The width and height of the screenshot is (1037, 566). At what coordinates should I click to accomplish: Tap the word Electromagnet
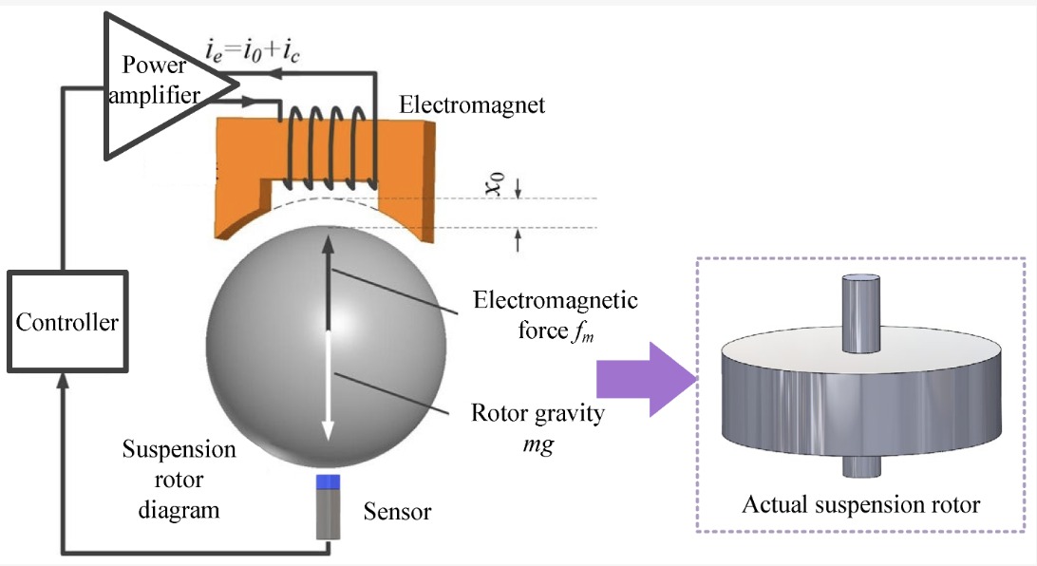[x=472, y=104]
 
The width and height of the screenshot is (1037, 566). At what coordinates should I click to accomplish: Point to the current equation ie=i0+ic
[x=253, y=51]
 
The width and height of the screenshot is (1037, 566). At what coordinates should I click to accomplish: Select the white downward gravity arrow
[x=328, y=387]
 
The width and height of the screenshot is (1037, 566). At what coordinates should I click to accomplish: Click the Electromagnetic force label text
[x=555, y=314]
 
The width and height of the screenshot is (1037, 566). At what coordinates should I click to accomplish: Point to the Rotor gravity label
[x=537, y=427]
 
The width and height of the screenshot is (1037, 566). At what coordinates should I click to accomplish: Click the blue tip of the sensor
[x=328, y=482]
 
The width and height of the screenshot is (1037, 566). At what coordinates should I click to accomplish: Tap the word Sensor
[x=397, y=511]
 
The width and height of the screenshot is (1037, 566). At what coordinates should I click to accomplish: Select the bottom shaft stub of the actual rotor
[x=861, y=465]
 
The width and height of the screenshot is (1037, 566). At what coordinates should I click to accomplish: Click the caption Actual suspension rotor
[x=860, y=504]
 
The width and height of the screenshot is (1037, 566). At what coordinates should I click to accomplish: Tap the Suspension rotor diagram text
[x=179, y=480]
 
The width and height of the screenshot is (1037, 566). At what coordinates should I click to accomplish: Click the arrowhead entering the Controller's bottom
[x=64, y=381]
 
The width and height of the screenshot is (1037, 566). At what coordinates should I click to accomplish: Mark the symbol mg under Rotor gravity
[x=537, y=444]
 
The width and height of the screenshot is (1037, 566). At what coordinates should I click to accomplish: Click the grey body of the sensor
[x=328, y=515]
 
